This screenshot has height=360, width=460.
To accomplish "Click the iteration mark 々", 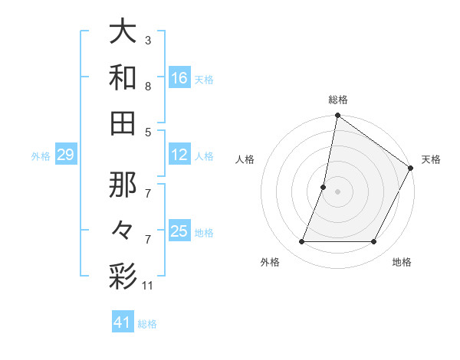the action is [123, 230].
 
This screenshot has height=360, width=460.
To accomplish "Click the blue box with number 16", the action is [179, 78].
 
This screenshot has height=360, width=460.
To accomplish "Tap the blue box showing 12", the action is [179, 155].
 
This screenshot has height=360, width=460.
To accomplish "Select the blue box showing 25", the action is [179, 232].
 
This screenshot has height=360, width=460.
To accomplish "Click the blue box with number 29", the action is [65, 155].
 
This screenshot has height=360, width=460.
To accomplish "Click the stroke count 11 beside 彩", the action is [148, 286].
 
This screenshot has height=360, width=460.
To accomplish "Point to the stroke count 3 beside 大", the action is [148, 40].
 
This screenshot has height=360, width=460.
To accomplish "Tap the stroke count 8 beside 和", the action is [148, 87].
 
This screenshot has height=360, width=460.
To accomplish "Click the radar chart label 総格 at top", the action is [337, 100].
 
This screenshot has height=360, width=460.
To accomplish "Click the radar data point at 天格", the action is [411, 169].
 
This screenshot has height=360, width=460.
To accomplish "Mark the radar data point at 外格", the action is [301, 242].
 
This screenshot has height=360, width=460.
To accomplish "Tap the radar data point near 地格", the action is [374, 242].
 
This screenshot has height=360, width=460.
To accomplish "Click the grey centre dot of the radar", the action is [337, 191].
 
